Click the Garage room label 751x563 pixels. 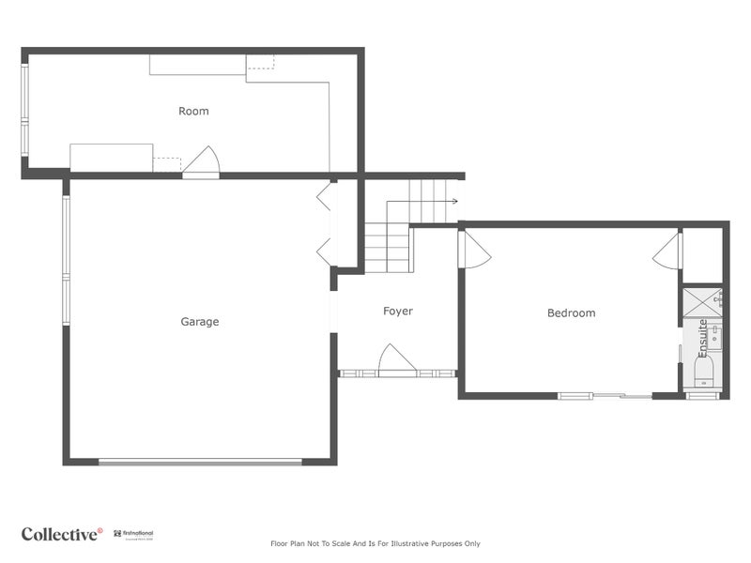point(200,322)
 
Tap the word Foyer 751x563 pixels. point(397,311)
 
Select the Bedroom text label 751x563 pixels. point(571,312)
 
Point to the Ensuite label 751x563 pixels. point(702,338)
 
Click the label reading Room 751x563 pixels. point(193,111)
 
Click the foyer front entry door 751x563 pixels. point(396,360)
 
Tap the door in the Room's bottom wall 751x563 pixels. point(201,162)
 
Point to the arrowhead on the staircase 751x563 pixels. point(454,201)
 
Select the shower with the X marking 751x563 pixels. point(700,301)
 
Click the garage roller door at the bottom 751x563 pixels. point(200,461)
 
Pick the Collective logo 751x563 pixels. point(62,534)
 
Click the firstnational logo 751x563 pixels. point(133,534)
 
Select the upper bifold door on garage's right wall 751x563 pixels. point(324,196)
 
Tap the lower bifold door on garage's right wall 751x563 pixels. point(324,250)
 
